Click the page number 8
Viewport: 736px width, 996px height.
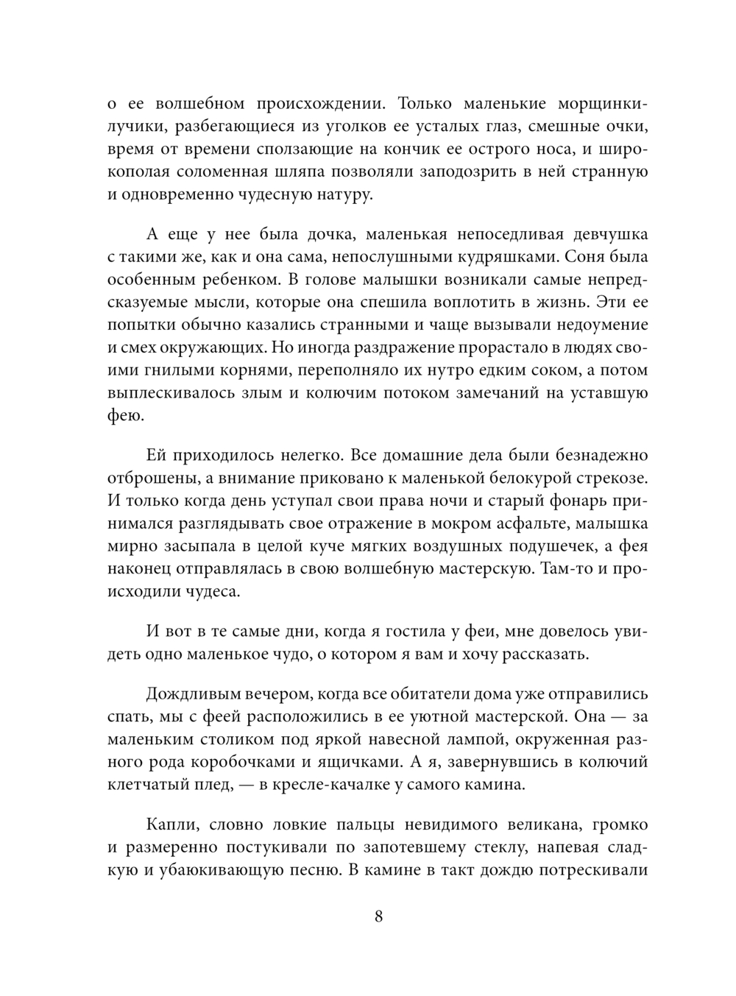378,916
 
